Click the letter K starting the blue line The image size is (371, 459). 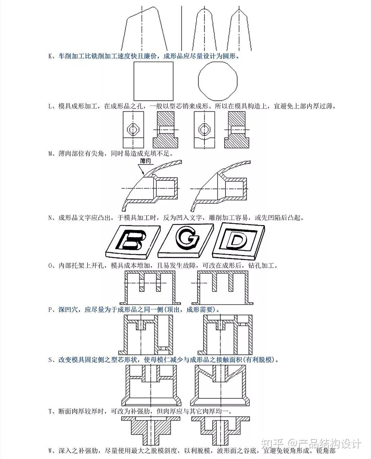[x=50, y=56]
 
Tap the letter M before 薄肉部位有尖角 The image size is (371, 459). [x=50, y=153]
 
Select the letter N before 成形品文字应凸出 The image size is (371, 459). [x=50, y=217]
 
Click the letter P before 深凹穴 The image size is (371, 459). [x=50, y=309]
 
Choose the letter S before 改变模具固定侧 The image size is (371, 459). [x=50, y=360]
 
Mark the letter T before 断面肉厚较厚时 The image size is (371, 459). [x=50, y=411]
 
